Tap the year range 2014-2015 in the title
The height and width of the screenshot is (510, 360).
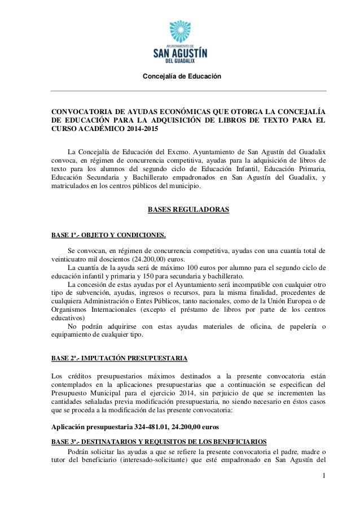(x=137, y=129)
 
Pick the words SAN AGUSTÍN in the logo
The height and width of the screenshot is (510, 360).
(x=181, y=52)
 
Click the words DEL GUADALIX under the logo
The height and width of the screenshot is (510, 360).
(x=181, y=62)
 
